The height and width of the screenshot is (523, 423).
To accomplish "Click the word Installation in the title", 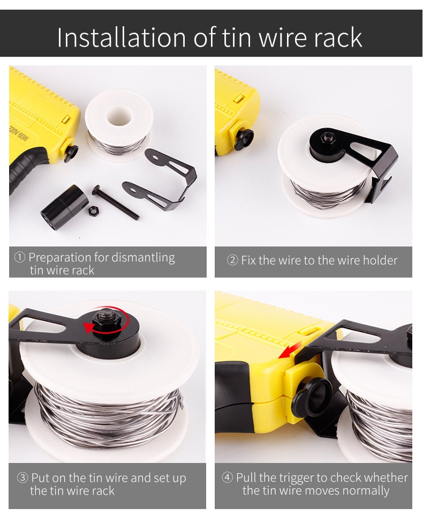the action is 120,38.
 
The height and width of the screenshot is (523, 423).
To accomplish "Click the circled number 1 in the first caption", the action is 20,257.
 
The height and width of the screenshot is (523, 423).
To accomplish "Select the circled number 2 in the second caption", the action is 232,260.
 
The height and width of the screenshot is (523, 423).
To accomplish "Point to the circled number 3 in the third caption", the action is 22,477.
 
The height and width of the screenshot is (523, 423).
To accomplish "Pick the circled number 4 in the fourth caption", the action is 228,477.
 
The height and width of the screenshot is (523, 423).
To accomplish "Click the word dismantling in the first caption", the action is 143,258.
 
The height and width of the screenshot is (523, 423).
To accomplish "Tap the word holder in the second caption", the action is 380,260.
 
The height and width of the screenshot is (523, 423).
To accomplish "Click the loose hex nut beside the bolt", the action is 93,210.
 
